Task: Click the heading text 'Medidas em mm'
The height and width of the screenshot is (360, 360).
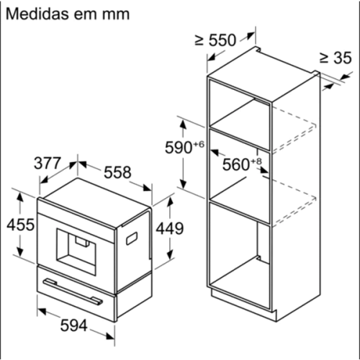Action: click(x=68, y=14)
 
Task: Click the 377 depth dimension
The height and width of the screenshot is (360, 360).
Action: click(x=48, y=163)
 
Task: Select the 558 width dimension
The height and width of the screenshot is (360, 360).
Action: click(x=117, y=172)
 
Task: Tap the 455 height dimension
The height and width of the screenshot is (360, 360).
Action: click(x=21, y=225)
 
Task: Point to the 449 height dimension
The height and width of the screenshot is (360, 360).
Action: click(x=170, y=228)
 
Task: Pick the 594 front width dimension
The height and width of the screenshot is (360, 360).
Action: click(x=73, y=325)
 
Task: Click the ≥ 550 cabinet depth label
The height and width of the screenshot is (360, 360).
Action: click(x=215, y=40)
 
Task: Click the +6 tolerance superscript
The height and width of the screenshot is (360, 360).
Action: click(x=199, y=145)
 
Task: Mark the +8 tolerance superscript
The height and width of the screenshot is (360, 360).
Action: click(x=256, y=161)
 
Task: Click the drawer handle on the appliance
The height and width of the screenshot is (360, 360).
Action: click(x=73, y=292)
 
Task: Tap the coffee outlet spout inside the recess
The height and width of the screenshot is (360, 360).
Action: click(x=82, y=242)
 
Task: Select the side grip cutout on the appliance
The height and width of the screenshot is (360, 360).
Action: click(x=132, y=238)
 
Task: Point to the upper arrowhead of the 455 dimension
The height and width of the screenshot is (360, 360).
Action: click(x=20, y=198)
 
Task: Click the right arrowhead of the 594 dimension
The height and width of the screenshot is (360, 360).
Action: click(x=110, y=336)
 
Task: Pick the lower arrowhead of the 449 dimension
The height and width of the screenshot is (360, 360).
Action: click(x=170, y=254)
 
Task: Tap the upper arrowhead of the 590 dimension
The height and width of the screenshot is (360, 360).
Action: click(x=183, y=125)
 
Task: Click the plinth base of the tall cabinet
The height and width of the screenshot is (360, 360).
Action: click(x=243, y=303)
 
